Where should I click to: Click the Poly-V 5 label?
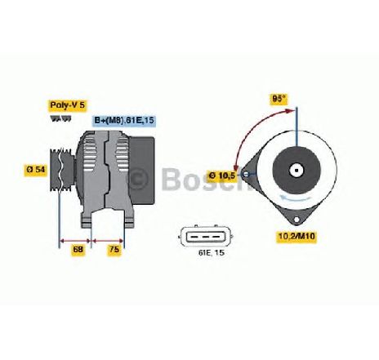[x=68, y=105]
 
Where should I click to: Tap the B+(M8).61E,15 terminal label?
[x=124, y=120]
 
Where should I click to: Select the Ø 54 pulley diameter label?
[x=36, y=170]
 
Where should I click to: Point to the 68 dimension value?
[x=78, y=249]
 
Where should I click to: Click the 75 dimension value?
[x=114, y=249]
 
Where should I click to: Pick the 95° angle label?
[x=279, y=99]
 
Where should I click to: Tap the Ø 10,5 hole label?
[x=222, y=176]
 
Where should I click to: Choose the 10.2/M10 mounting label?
[x=297, y=236]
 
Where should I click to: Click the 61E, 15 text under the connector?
[x=212, y=253]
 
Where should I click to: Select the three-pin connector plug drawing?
[x=206, y=236]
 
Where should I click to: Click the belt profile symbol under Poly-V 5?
[x=60, y=118]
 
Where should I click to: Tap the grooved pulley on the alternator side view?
[x=62, y=170]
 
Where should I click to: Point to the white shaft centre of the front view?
[x=297, y=171]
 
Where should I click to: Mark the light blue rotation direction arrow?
[x=297, y=198]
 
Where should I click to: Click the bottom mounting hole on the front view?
[x=297, y=220]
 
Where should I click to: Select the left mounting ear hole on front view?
[x=246, y=174]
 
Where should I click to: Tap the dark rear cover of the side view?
[x=141, y=171]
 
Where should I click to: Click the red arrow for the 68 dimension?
[x=75, y=241]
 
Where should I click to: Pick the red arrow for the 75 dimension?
[x=108, y=241]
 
